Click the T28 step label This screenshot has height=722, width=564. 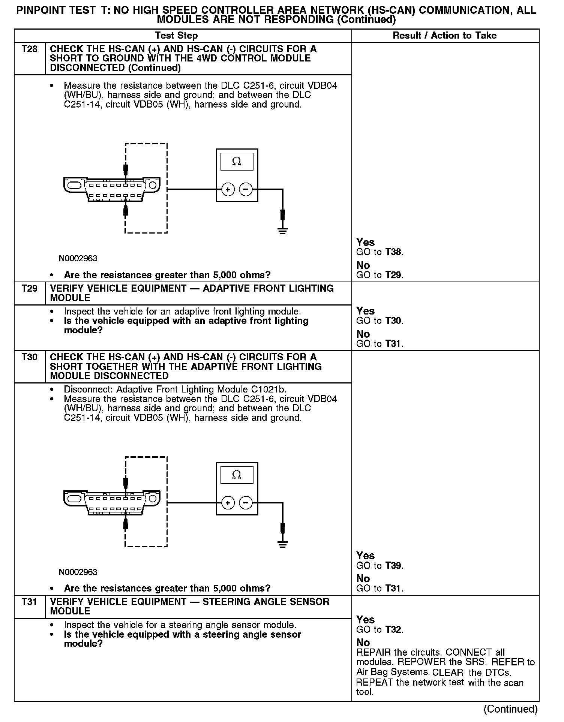30,49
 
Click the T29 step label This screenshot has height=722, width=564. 30,288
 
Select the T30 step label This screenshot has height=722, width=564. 30,357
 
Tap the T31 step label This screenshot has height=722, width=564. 30,602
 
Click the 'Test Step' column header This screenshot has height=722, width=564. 176,36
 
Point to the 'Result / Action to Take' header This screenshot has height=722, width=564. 444,36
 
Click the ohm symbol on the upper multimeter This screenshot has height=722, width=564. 237,162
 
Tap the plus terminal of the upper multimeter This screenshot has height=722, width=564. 228,190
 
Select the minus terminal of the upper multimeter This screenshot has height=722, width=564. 246,190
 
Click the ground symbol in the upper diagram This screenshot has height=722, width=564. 283,231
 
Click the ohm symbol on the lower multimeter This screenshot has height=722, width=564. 237,475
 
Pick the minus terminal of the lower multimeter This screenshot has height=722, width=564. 246,503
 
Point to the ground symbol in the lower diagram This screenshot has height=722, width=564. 283,544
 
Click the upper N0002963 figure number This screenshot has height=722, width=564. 78,259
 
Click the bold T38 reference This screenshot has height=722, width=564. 393,252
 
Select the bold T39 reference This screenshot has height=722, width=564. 393,565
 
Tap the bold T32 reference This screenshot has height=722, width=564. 393,629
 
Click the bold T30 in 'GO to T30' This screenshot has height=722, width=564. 393,321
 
